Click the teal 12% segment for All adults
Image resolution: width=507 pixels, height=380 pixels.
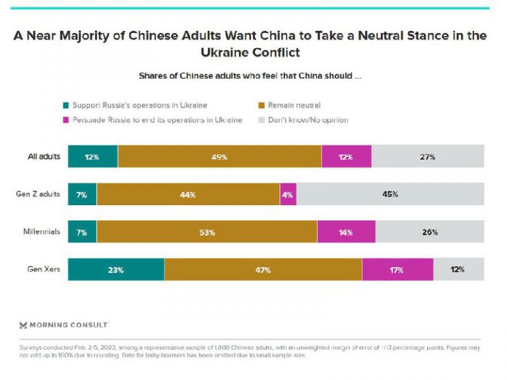click(93, 156)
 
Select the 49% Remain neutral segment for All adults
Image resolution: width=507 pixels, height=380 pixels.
click(220, 156)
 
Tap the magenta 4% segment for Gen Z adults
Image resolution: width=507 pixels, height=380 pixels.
click(288, 194)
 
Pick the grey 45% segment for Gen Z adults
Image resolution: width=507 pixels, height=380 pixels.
click(390, 194)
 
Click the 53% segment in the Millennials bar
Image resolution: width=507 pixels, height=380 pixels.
click(207, 232)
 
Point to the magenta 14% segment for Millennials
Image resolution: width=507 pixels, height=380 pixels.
click(347, 232)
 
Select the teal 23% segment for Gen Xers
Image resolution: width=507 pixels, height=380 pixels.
click(116, 269)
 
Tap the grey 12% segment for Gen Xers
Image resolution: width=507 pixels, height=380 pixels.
click(459, 269)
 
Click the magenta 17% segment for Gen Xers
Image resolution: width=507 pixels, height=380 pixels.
click(397, 269)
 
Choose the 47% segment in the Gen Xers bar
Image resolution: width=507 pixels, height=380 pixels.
click(263, 269)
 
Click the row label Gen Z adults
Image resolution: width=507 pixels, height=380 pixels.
click(38, 194)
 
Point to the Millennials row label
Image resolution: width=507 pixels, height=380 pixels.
click(42, 232)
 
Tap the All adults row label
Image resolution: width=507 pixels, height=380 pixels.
click(44, 156)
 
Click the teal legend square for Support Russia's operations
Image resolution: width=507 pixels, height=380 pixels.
click(65, 106)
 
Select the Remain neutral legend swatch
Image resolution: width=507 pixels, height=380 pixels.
click(261, 106)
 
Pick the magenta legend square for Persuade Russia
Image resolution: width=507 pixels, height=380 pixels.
click(65, 120)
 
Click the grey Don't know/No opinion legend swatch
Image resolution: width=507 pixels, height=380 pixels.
click(261, 120)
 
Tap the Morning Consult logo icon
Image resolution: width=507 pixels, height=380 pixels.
click(23, 325)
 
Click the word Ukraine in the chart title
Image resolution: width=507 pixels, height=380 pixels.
click(223, 52)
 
